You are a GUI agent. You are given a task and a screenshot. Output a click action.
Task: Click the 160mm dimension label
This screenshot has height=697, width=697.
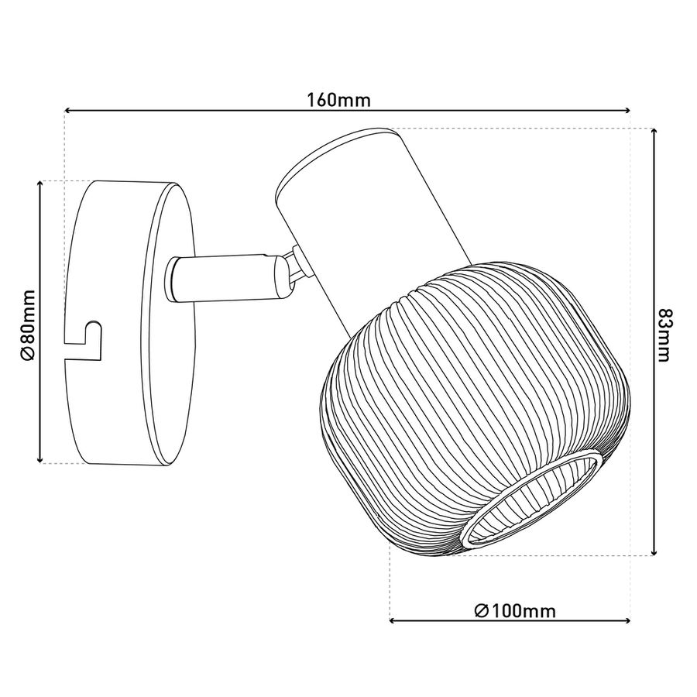[339, 100]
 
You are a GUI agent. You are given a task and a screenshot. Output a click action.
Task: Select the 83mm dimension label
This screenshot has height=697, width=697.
[663, 335]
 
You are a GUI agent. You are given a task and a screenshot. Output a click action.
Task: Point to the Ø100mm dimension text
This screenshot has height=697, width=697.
[515, 611]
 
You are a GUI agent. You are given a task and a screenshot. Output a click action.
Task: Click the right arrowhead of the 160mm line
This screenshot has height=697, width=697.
[627, 110]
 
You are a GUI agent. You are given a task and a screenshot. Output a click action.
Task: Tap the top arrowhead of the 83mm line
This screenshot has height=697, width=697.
[654, 132]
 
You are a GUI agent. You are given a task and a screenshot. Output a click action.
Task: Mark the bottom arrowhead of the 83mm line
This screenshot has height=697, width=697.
[654, 551]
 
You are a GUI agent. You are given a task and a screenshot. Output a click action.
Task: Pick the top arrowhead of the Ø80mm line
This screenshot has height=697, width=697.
[40, 185]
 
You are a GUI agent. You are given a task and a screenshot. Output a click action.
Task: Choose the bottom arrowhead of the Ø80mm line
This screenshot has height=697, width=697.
[40, 458]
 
